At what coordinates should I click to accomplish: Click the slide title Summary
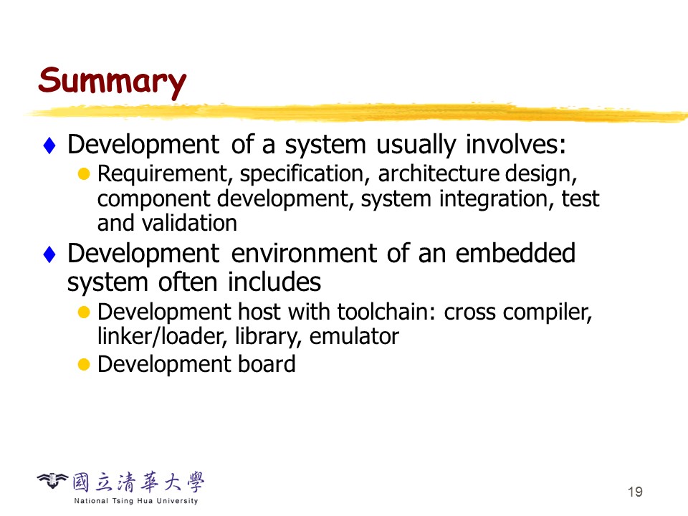click(113, 82)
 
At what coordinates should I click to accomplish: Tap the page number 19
click(635, 492)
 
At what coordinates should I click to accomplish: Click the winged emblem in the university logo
click(52, 481)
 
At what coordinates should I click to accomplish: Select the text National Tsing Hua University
click(136, 501)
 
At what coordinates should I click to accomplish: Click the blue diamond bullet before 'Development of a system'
click(49, 145)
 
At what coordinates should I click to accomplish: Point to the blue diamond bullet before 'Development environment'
click(49, 254)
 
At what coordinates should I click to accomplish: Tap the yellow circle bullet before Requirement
click(84, 174)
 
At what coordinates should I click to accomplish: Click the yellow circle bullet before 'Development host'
click(84, 312)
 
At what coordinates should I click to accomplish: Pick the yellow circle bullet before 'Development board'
click(84, 365)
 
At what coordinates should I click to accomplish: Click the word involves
click(515, 144)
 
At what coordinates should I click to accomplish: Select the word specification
click(302, 174)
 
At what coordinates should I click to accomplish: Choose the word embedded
click(515, 253)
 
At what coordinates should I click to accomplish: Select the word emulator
click(354, 337)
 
